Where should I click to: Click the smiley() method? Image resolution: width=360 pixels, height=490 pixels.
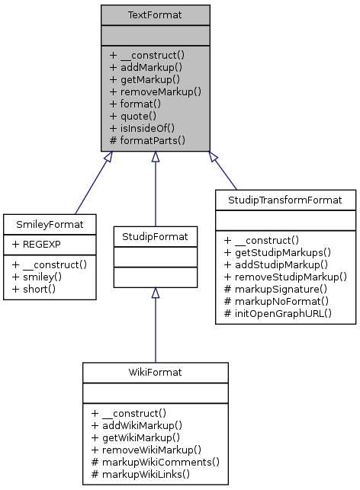[x=40, y=275]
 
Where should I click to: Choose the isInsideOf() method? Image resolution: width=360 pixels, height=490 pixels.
[x=147, y=128]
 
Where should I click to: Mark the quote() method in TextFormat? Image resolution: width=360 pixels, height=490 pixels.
[x=137, y=116]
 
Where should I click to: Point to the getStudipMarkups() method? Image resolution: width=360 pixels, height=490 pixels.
[x=281, y=251]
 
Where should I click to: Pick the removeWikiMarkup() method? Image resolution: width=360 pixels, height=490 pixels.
[x=150, y=449]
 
